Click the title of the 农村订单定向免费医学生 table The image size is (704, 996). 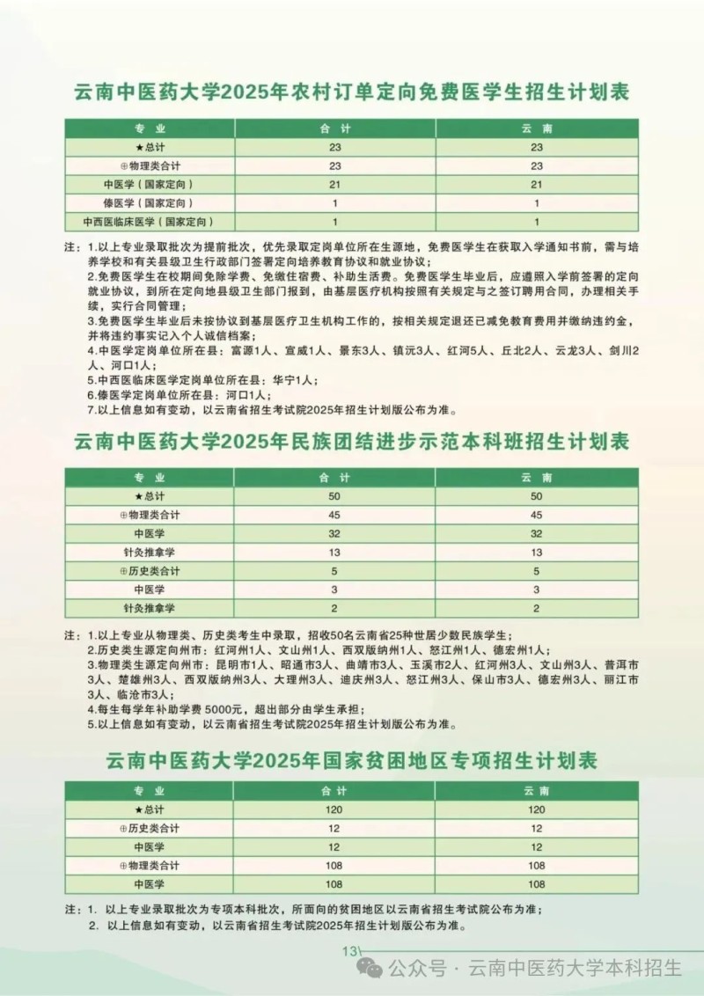pyautogui.click(x=351, y=92)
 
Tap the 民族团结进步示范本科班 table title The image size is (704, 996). pyautogui.click(x=351, y=441)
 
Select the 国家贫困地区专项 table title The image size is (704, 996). pyautogui.click(x=351, y=758)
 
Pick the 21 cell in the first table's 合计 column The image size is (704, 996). pyautogui.click(x=334, y=184)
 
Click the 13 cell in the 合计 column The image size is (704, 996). pyautogui.click(x=334, y=552)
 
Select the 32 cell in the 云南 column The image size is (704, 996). pyautogui.click(x=537, y=533)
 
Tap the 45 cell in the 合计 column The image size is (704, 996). pyautogui.click(x=334, y=515)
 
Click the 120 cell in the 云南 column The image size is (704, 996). pyautogui.click(x=537, y=809)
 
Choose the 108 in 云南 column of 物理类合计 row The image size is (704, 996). pyautogui.click(x=537, y=865)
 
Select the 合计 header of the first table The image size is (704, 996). pyautogui.click(x=334, y=128)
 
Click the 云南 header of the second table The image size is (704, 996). pyautogui.click(x=537, y=478)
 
